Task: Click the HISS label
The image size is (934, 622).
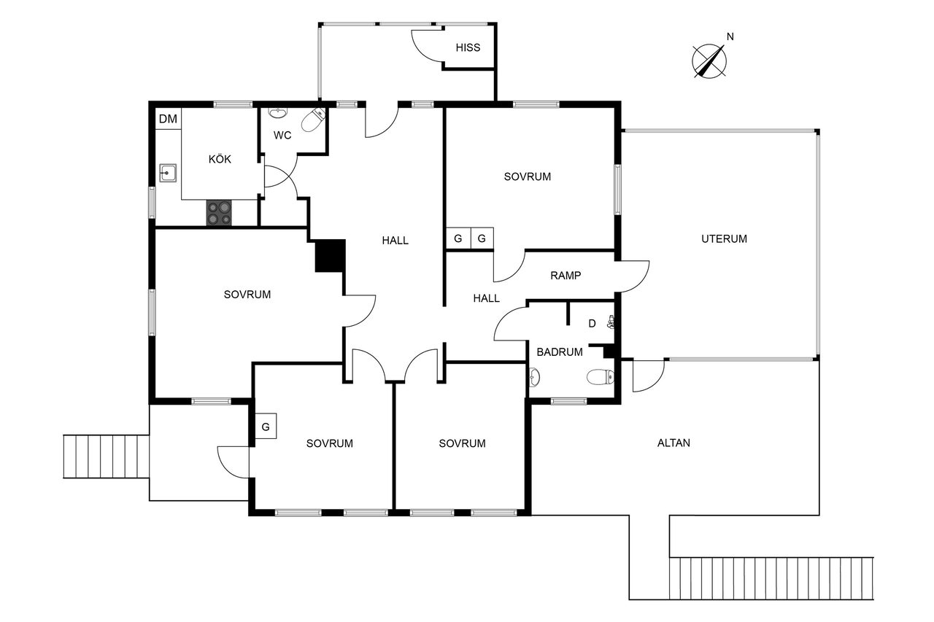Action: (468, 47)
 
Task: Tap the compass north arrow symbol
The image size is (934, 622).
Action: (709, 61)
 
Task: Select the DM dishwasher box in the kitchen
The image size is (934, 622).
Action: (168, 119)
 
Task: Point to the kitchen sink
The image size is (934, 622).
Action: (168, 173)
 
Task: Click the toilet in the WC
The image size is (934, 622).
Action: (314, 120)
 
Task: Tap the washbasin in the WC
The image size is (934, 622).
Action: (277, 112)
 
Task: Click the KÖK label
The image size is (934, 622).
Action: (220, 159)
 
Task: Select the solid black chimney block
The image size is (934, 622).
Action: (331, 256)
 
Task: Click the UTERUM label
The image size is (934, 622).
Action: (724, 238)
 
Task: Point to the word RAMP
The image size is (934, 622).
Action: (566, 276)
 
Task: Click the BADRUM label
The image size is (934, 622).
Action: (560, 352)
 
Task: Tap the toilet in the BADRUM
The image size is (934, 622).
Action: (600, 377)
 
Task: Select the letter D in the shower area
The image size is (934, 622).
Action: (592, 323)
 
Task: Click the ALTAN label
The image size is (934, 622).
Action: (674, 443)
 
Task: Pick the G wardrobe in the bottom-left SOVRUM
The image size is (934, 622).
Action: (266, 426)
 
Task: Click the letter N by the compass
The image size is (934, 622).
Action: (730, 36)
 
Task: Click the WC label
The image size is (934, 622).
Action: (282, 135)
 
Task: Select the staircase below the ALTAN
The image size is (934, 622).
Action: (771, 579)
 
